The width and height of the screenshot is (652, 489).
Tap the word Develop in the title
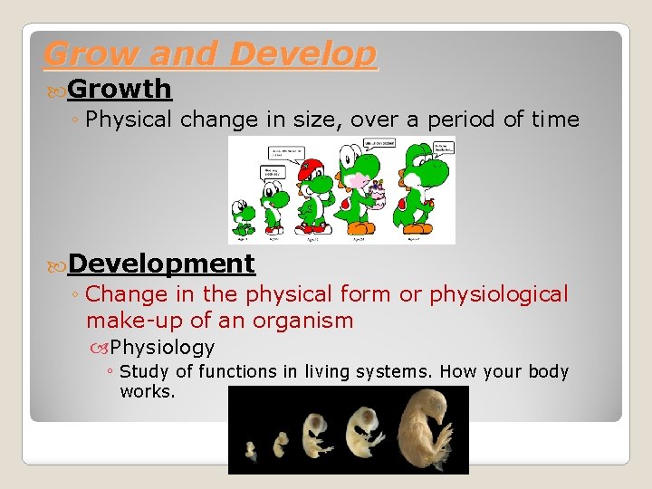(302, 54)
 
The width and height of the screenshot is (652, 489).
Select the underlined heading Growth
(119, 89)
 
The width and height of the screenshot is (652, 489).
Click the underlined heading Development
(161, 264)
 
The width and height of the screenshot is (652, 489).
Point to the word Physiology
(162, 347)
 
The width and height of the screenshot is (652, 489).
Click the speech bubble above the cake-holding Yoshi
(379, 143)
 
